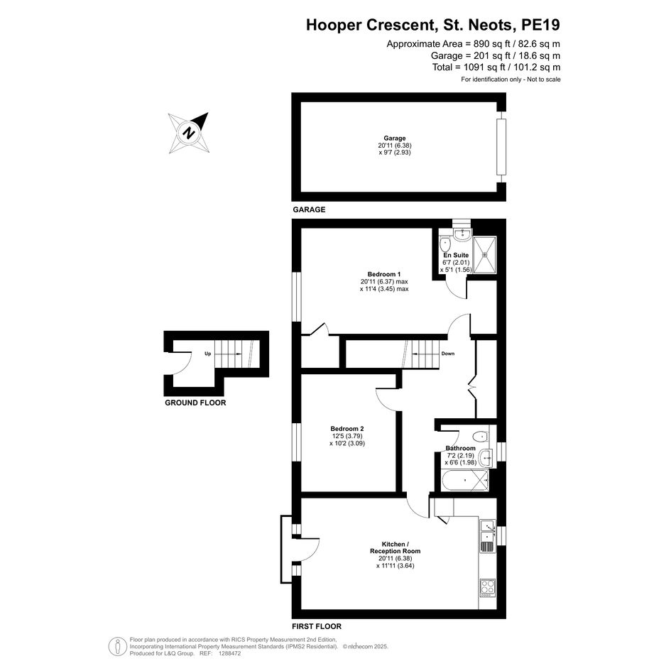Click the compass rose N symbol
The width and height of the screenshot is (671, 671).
pos(189,133)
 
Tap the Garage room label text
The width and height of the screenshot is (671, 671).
pos(394,138)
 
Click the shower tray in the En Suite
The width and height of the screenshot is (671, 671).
pos(485,255)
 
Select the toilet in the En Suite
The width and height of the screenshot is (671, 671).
pos(445,245)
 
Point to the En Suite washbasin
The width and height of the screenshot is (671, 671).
pos(462,233)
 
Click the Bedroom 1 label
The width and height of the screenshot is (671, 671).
pos(384,274)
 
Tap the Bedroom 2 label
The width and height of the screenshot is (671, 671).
pos(347,429)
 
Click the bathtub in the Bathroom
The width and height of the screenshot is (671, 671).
pos(465,481)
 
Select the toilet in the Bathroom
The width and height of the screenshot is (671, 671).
pos(481,437)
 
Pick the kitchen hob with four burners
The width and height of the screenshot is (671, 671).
pos(487,587)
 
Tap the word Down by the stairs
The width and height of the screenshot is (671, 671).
pos(447,354)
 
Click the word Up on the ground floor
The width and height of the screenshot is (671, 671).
pos(208,354)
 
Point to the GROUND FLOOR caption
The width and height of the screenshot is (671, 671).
pos(195,403)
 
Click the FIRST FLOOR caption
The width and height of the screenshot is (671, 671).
pos(317,626)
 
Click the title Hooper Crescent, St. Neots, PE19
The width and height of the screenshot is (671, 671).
pos(433,25)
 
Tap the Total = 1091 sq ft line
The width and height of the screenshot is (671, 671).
pos(496,67)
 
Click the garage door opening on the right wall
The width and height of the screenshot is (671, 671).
pos(501,147)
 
